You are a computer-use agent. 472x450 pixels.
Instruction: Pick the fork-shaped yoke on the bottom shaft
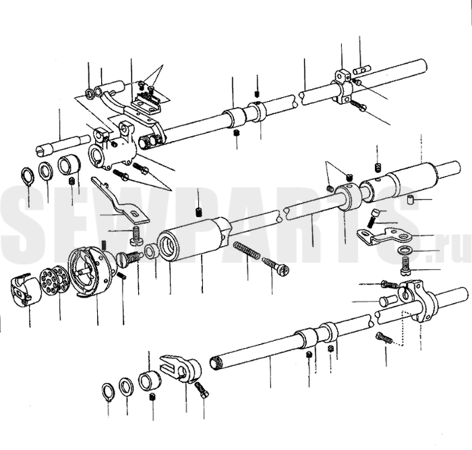(179, 368)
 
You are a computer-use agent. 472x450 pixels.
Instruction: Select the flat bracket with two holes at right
(384, 234)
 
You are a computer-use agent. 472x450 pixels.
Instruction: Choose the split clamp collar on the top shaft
(343, 87)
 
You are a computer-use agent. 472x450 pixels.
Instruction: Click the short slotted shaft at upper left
(63, 144)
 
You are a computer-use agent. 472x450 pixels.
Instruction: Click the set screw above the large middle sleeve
(198, 212)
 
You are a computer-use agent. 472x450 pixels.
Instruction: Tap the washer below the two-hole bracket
(405, 250)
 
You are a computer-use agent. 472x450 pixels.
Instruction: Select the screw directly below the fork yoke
(202, 391)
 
